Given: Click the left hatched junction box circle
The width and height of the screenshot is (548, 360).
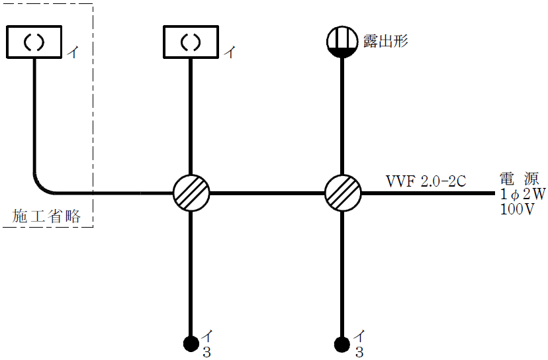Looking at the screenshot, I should [x=191, y=193].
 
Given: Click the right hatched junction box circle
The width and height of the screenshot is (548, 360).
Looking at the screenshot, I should [x=343, y=193].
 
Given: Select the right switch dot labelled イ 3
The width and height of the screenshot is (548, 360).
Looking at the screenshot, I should [x=342, y=343].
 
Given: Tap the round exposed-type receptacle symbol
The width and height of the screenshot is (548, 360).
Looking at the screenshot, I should [x=342, y=42].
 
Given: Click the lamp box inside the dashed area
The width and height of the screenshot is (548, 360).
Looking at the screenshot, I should [x=34, y=42].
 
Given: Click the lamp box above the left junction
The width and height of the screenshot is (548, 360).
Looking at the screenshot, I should [x=191, y=42].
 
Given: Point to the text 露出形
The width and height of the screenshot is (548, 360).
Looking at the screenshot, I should [x=386, y=41].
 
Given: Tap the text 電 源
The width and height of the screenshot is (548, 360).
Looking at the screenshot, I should [x=520, y=179].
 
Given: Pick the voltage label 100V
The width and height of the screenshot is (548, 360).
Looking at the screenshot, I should [x=517, y=209].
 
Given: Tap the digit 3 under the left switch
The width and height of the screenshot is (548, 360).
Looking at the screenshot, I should [x=206, y=352].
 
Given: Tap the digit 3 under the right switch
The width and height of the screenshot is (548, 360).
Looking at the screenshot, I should [x=358, y=352].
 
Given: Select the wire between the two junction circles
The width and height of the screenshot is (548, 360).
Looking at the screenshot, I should [x=267, y=193].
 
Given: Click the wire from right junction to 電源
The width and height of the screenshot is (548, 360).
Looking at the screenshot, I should [x=430, y=193].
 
